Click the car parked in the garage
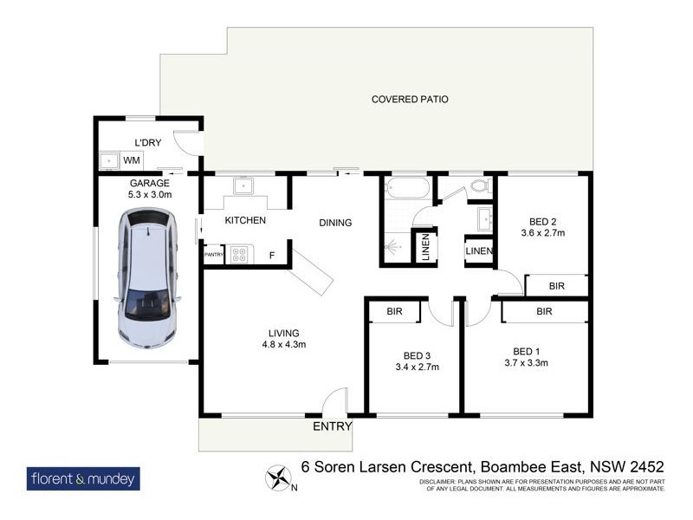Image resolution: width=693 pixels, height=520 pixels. pos(148,279)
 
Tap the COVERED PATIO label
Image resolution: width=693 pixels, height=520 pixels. pos(410,100)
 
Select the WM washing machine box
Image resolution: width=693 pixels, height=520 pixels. pos(131,160)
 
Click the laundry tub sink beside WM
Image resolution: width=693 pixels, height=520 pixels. pos(109,160)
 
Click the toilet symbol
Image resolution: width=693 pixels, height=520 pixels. pos(479,185)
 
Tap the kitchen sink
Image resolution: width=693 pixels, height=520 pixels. pos(243,185)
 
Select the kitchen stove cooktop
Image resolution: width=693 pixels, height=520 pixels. pos(238,255)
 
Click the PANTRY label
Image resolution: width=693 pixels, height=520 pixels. pos(214,255)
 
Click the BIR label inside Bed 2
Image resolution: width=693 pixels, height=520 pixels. pos(557,285)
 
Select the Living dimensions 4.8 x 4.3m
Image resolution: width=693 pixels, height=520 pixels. pos(283,345)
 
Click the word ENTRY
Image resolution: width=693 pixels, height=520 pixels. pos(333,426)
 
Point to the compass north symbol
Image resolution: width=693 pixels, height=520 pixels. pos(279,478)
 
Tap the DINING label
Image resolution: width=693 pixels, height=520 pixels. pos(335,223)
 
